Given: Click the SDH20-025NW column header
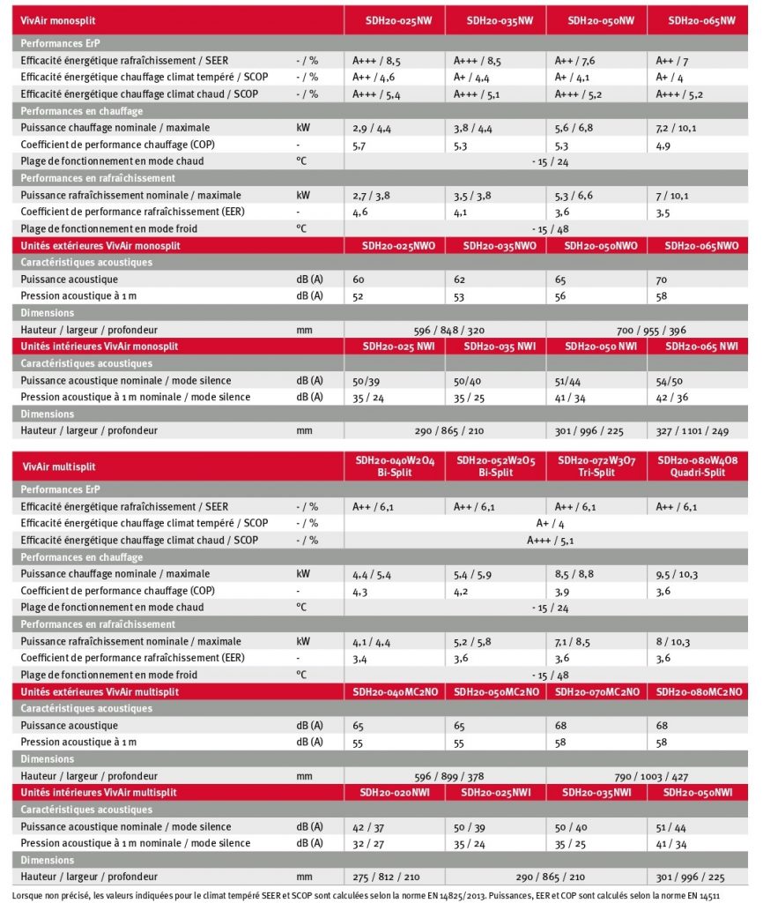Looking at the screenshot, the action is [x=398, y=21].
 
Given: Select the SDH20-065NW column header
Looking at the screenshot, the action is [x=701, y=21].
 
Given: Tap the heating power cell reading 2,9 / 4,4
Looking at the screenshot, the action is [x=372, y=129].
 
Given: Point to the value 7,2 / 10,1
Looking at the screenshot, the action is [x=676, y=129].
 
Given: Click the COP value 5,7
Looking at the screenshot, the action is [x=359, y=146].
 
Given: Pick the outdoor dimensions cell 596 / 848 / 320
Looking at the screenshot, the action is [x=448, y=331].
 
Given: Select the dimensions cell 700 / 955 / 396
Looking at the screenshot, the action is [x=651, y=331].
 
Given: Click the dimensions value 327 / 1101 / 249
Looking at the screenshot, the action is [x=693, y=431].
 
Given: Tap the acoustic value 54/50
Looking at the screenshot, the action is [x=670, y=381].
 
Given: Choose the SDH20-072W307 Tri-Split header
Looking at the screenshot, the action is [x=596, y=466].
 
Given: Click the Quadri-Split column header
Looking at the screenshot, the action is [x=698, y=466].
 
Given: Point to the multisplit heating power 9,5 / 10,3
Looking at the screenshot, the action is [x=677, y=575].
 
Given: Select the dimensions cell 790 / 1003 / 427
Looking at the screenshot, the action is [x=651, y=777].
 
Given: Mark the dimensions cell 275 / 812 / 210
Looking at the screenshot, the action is [x=386, y=877].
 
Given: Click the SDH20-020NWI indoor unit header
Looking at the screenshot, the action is [x=395, y=793].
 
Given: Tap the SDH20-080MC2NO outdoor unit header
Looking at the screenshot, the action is [x=700, y=692].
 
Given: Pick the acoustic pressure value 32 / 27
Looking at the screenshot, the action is [x=368, y=844].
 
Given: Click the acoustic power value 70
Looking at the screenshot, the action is [x=662, y=280].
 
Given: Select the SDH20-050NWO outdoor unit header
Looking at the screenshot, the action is [x=601, y=247].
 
